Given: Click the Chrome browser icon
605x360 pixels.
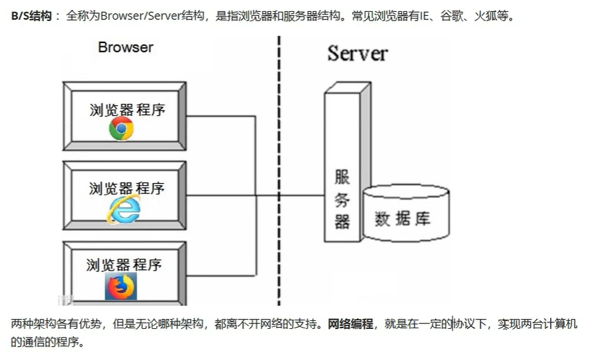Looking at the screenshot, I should tap(121, 129).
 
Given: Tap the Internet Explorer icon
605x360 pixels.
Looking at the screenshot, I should tap(124, 209).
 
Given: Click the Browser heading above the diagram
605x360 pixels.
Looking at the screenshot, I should tap(125, 48).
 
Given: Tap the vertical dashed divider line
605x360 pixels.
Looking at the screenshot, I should tap(279, 165).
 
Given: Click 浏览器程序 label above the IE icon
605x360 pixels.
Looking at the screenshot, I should tap(126, 189).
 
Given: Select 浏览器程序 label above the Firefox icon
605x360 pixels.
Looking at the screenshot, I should tap(124, 265).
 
